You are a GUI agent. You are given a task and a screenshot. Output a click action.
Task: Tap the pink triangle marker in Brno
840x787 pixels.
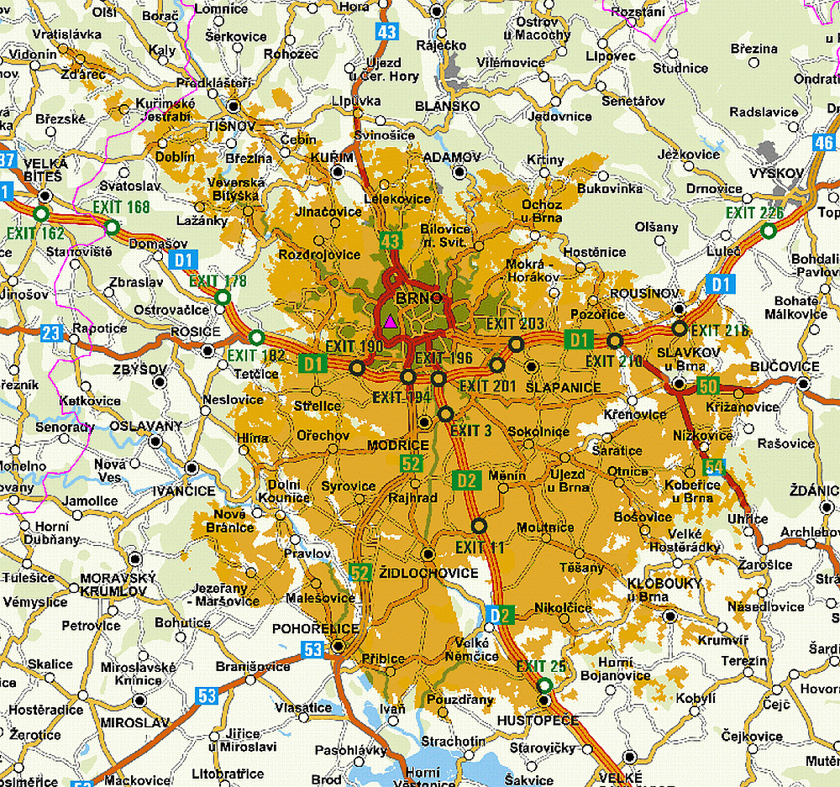point(389,321)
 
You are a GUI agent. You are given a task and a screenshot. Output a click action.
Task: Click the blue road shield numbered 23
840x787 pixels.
point(51,333)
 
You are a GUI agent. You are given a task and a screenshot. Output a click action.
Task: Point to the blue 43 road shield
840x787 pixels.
point(386,32)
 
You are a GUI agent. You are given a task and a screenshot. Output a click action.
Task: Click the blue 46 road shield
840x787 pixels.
point(824,142)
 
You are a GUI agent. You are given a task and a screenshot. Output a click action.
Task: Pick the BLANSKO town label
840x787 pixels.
point(448,106)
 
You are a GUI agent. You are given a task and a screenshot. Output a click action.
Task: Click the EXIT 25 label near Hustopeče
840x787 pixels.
point(541,666)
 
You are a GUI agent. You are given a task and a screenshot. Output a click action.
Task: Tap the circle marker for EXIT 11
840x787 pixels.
point(479,526)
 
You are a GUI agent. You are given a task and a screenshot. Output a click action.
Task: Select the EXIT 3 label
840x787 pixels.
point(471,431)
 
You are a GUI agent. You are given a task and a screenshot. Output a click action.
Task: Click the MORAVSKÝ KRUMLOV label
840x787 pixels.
point(118,585)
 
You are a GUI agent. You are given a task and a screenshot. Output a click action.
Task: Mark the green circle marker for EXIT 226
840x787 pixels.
point(768,231)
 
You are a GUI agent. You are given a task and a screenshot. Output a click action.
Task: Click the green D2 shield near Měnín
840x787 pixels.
point(467,480)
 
